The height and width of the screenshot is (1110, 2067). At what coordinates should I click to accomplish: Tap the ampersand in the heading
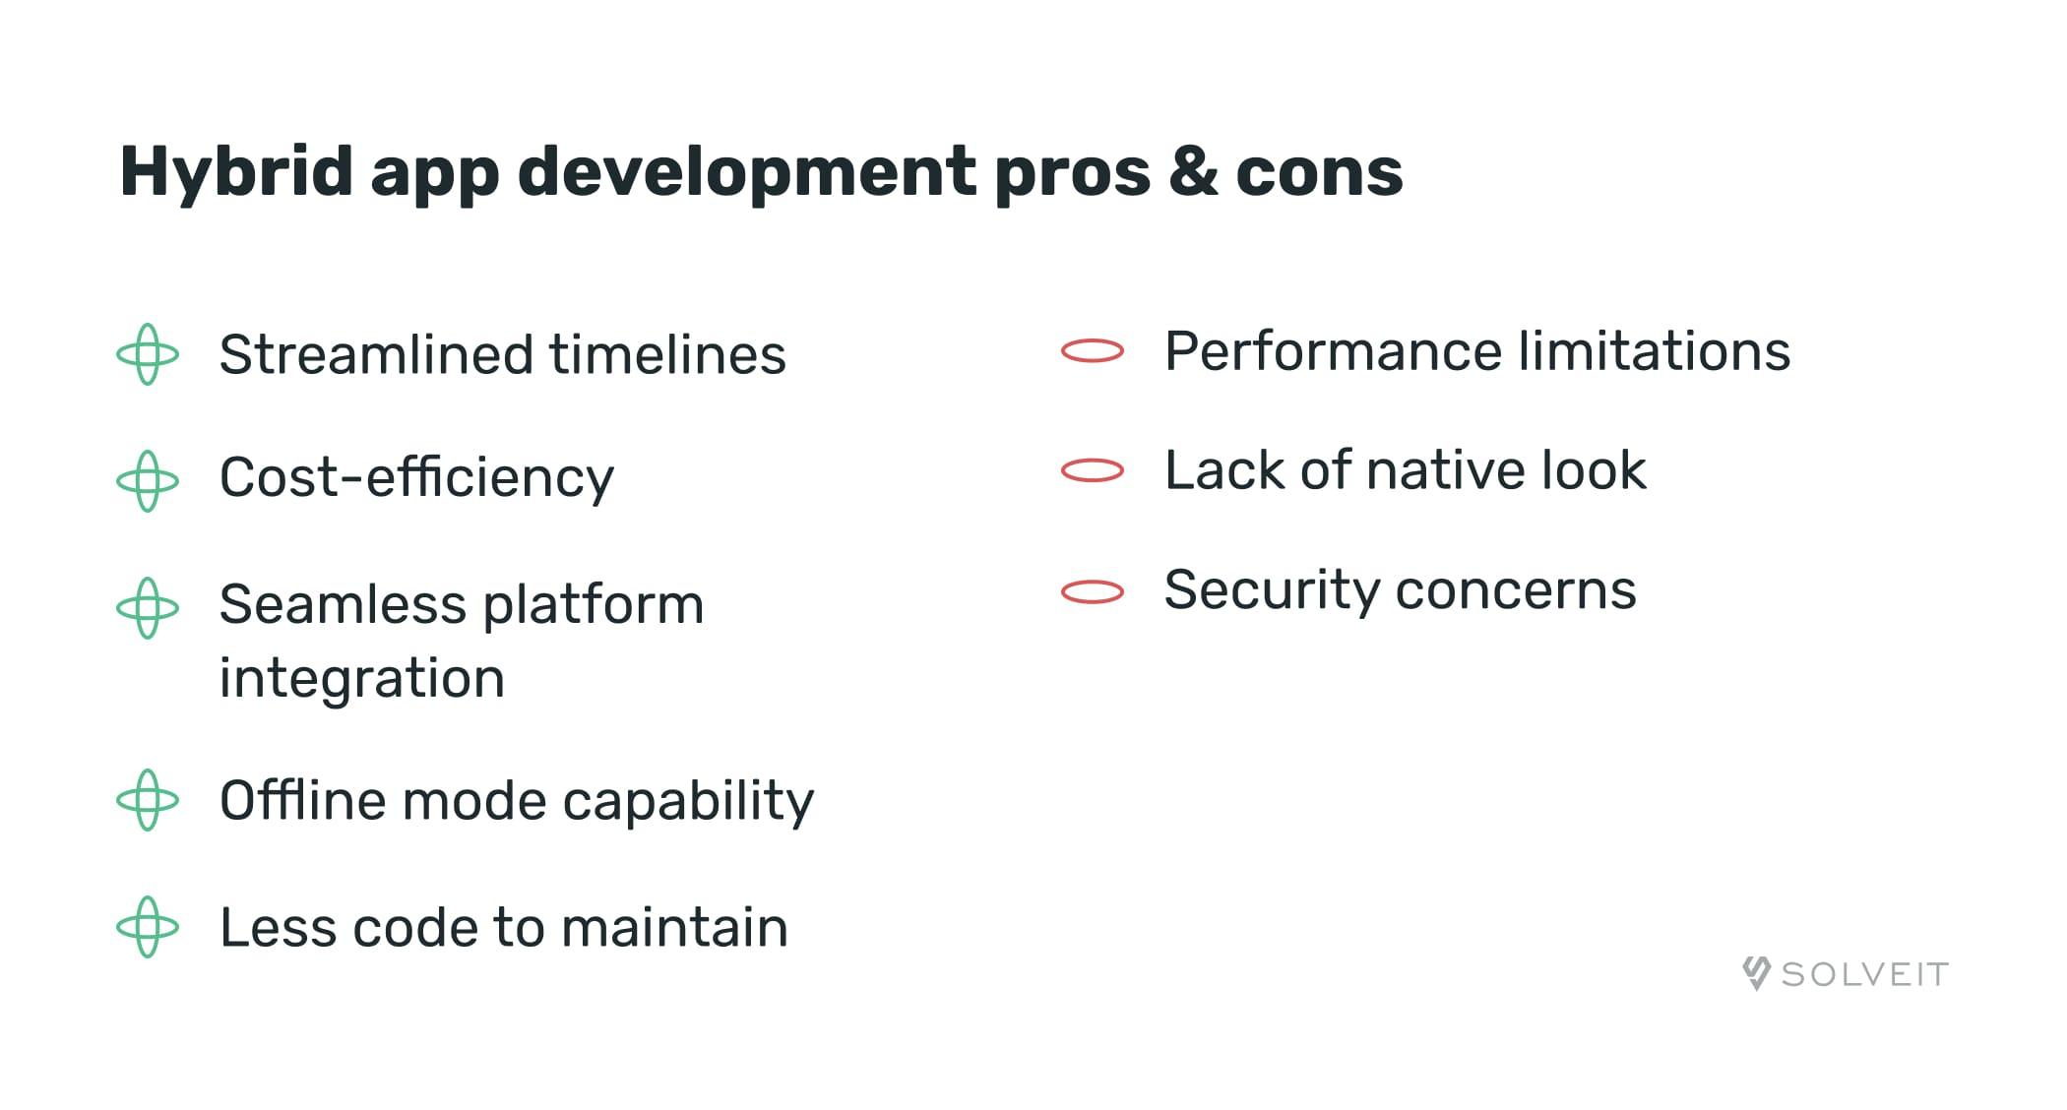coord(1193,172)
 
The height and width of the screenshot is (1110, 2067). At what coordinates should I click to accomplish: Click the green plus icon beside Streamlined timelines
coord(148,354)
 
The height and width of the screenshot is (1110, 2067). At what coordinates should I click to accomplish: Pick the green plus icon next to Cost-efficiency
coord(148,481)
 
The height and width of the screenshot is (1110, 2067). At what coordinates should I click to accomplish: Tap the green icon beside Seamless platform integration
coord(148,608)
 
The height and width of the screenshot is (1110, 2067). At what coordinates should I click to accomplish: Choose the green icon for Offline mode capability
coord(148,800)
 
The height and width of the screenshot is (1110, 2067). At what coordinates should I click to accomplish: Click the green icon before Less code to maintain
coord(148,927)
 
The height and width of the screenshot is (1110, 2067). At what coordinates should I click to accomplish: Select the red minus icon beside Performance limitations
coord(1093,351)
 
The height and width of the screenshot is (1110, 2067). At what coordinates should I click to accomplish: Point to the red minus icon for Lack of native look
coord(1093,470)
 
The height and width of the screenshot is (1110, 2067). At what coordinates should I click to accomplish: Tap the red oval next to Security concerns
coord(1093,591)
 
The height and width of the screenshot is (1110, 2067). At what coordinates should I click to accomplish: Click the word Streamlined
coord(377,355)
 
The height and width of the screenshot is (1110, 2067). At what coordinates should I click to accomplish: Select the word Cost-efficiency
coord(416,479)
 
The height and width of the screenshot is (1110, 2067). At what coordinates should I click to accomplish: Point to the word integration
coord(362,679)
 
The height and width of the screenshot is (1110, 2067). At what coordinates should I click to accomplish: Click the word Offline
coord(302,800)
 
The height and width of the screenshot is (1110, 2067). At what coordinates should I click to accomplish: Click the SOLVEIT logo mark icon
coord(1757,973)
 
